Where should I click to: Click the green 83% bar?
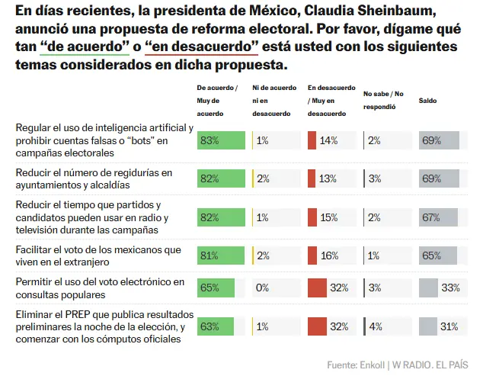click(221, 140)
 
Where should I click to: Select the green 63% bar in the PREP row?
click(214, 326)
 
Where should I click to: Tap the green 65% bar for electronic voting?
click(215, 288)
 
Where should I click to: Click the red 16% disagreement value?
click(329, 255)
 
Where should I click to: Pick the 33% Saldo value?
click(449, 288)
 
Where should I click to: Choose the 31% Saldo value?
click(449, 326)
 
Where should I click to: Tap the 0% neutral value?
click(263, 288)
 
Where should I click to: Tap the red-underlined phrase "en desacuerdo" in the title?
click(202, 47)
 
